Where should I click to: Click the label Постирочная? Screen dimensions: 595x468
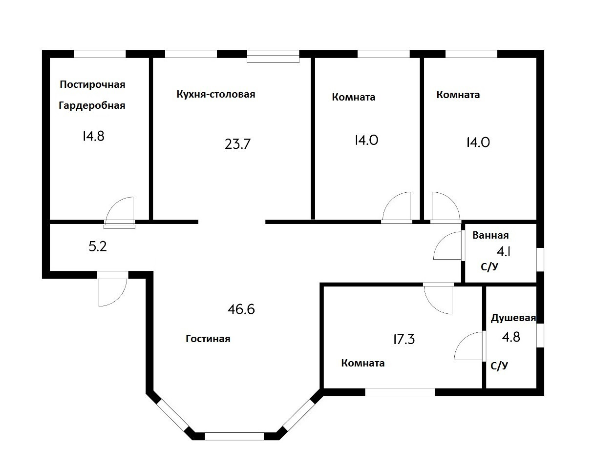tap(92, 84)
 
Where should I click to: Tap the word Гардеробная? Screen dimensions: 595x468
tap(92, 105)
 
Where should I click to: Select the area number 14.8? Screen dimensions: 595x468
tap(93, 136)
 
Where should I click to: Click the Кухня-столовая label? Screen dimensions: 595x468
tap(216, 94)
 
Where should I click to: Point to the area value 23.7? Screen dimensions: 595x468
tap(237, 144)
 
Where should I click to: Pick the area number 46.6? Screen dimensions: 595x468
tap(241, 309)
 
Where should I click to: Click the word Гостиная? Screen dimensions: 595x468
tap(208, 339)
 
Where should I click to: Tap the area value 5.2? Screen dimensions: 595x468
tap(98, 247)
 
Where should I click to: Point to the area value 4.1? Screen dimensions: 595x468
tap(504, 252)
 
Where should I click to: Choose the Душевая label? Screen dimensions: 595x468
tap(513, 318)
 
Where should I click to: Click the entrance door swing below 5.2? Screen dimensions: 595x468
tap(112, 290)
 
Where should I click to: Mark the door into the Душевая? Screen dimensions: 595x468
tap(469, 346)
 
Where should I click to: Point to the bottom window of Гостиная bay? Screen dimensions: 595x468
tap(234, 436)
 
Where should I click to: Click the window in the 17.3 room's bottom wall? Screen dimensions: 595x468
tap(400, 391)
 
